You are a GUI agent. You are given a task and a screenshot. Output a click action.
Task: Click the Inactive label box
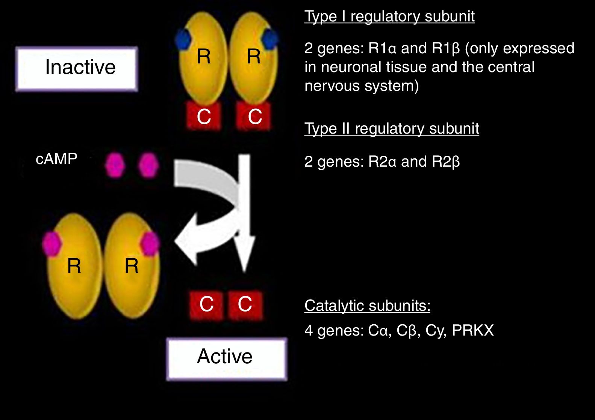[x=77, y=69]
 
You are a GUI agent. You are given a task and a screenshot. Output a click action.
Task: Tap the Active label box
[x=226, y=358]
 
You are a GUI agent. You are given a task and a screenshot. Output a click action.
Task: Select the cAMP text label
[x=56, y=159]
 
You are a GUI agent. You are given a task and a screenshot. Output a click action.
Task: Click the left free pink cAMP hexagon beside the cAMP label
[x=114, y=165]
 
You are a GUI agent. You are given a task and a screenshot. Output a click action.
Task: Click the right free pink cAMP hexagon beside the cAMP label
[x=148, y=165]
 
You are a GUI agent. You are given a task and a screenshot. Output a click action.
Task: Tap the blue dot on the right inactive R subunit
[x=270, y=38]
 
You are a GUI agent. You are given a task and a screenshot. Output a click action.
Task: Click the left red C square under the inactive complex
[x=204, y=117]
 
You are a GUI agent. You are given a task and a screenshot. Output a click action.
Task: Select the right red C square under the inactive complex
[x=254, y=117]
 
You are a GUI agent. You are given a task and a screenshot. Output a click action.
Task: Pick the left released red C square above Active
[x=206, y=304]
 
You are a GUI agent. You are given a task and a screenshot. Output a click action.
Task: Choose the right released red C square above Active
[x=245, y=304]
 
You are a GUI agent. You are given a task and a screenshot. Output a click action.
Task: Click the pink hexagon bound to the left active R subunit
[x=51, y=244]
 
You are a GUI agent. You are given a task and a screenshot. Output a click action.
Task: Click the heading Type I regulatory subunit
[x=389, y=17]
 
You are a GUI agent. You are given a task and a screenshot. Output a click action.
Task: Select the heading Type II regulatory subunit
[x=392, y=129]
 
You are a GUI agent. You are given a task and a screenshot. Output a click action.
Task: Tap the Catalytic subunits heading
[x=367, y=306]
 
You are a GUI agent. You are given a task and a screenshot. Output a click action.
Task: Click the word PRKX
[x=472, y=330]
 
